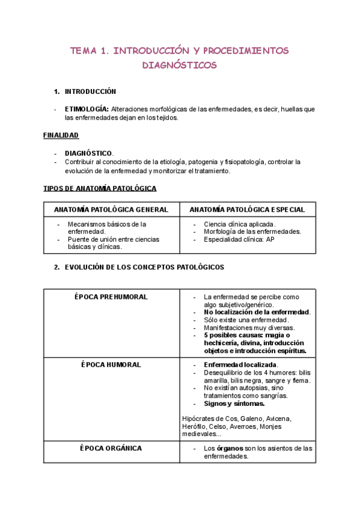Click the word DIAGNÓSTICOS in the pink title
pos(180,65)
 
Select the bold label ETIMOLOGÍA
pos(87,109)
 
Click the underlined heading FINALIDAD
pos(61,135)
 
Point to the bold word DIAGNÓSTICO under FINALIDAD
pos(88,153)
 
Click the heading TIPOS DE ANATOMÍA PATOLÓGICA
pos(100,188)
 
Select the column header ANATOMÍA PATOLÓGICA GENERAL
pos(111,209)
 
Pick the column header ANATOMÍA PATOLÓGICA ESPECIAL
pos(247,209)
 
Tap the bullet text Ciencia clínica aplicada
pos(231,224)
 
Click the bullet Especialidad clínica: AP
pos(231,239)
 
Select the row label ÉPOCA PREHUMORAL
pos(111,297)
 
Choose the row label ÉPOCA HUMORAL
pos(111,364)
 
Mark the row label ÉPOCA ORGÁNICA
pos(111,448)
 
